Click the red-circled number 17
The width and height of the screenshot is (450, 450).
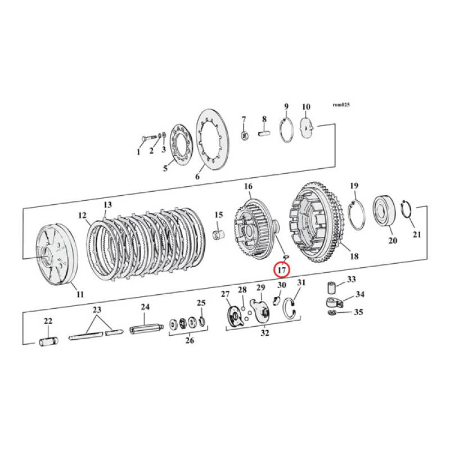point(282,270)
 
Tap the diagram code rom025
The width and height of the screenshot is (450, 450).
point(341,105)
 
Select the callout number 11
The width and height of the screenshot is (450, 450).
point(80,294)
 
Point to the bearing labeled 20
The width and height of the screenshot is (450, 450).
point(384,210)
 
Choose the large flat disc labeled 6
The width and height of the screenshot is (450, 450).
point(213,139)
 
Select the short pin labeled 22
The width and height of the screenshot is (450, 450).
point(48,342)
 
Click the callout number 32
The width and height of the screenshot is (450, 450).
point(265,333)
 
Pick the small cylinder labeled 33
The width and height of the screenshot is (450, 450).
point(332,288)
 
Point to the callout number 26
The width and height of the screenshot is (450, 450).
point(190,341)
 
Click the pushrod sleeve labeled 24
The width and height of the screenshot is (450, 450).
point(146,328)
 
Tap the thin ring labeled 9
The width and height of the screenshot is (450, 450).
point(286,130)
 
